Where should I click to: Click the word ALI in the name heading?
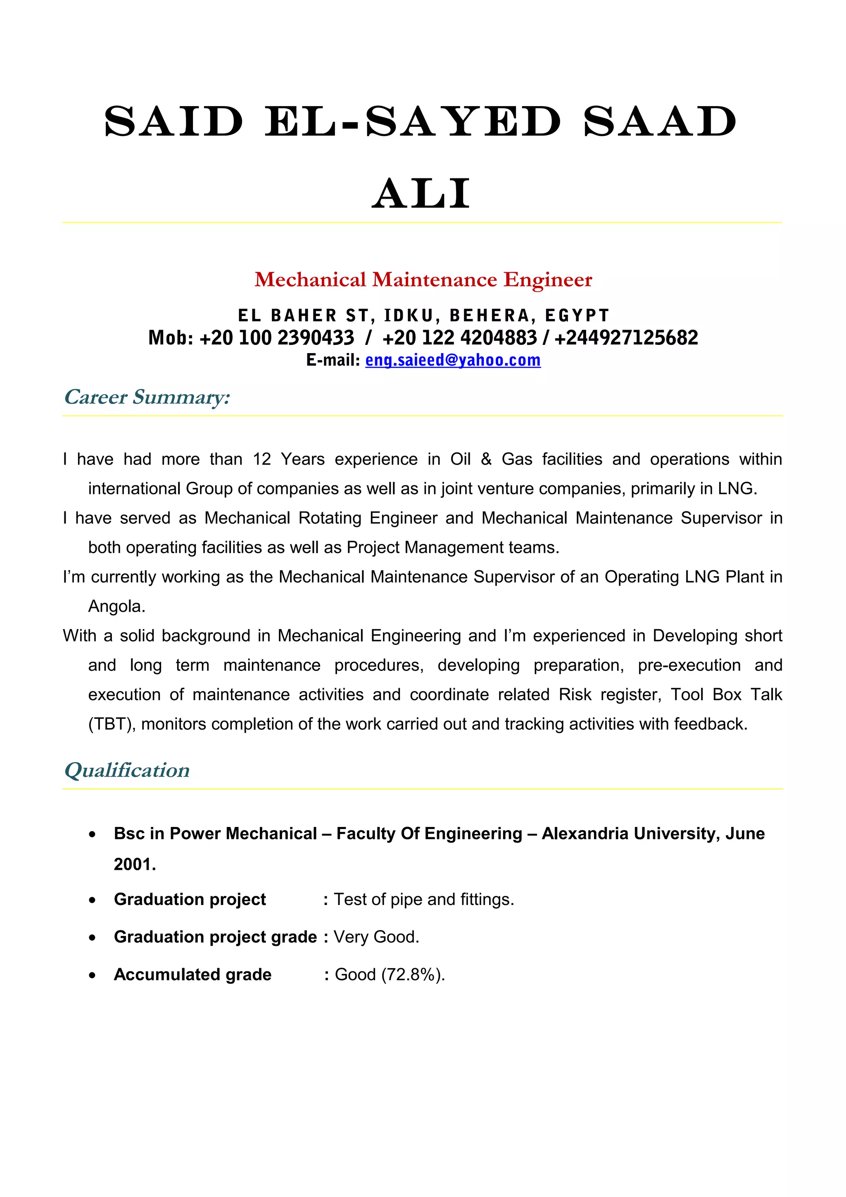coord(421,194)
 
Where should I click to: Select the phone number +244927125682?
coord(625,338)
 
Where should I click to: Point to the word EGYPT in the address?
coord(577,316)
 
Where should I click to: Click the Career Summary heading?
coord(147,397)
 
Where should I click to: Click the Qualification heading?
coord(127,771)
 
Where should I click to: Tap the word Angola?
coord(116,606)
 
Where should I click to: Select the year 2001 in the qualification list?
coord(135,864)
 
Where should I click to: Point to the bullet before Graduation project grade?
coord(92,937)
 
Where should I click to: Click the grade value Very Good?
coord(376,937)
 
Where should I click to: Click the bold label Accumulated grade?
coord(192,975)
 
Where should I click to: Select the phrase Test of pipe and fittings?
coord(423,900)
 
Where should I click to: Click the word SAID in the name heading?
coord(173,121)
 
